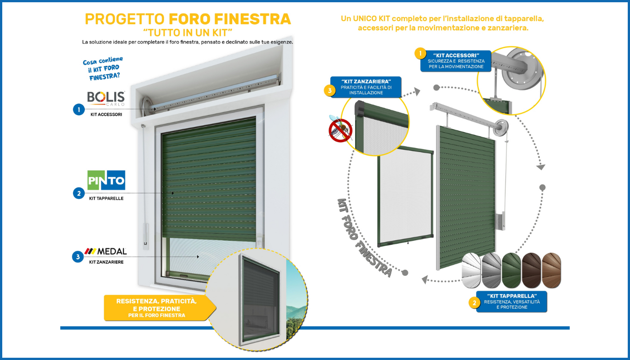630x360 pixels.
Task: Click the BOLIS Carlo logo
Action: click(106, 98)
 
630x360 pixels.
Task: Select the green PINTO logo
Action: click(106, 180)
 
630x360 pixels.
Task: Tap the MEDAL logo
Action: click(106, 251)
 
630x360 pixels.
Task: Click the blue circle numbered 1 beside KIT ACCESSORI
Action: click(79, 109)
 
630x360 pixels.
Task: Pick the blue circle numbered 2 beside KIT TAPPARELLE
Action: click(79, 193)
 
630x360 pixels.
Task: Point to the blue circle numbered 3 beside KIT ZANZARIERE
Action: click(78, 257)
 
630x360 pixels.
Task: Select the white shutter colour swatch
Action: click(472, 270)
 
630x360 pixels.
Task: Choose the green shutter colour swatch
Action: click(511, 270)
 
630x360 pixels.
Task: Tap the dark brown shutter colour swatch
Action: click(531, 270)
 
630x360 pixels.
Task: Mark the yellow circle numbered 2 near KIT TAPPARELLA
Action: click(474, 303)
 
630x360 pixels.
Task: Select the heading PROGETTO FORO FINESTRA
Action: click(188, 19)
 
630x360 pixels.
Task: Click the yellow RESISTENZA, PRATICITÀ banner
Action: click(157, 308)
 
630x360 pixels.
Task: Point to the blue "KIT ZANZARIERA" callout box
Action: click(366, 87)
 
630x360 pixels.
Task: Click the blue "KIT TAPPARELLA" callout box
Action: click(512, 301)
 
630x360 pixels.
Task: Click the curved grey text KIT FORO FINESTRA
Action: click(364, 236)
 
